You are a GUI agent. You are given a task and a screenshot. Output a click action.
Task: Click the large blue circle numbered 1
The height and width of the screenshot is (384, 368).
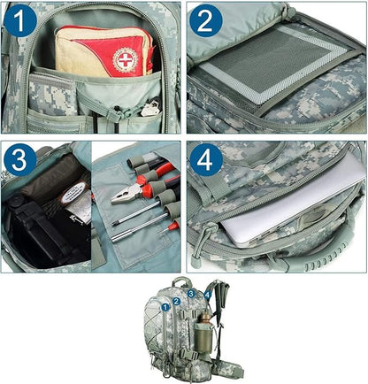click(x=20, y=20)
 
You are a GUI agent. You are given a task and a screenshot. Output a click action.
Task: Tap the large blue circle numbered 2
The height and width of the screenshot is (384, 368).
click(x=205, y=20)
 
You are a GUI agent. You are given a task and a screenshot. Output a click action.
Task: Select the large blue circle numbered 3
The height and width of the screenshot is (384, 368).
click(x=20, y=160)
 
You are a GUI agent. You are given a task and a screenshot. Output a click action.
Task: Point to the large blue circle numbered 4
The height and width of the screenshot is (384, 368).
click(x=205, y=160)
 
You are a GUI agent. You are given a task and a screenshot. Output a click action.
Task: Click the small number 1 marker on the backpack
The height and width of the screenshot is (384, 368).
click(x=165, y=307)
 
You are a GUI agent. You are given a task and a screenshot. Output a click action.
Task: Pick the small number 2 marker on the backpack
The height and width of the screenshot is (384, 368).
click(x=177, y=301)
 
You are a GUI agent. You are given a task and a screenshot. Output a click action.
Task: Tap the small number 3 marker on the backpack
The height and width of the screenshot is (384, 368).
click(x=191, y=294)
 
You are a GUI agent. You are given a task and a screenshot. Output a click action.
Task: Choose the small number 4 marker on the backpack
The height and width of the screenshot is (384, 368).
click(x=207, y=295)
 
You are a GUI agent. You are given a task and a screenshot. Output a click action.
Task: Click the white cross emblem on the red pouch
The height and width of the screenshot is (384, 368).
click(x=126, y=60)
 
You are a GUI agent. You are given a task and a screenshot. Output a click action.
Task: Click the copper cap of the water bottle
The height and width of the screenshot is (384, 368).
click(x=205, y=318)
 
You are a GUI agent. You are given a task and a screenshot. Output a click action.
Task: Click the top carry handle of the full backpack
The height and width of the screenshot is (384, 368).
click(x=180, y=281)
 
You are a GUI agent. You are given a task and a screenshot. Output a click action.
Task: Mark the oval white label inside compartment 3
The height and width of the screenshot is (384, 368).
click(x=73, y=192)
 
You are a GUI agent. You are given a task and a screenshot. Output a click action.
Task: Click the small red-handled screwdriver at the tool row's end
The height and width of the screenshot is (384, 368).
click(x=170, y=227)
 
